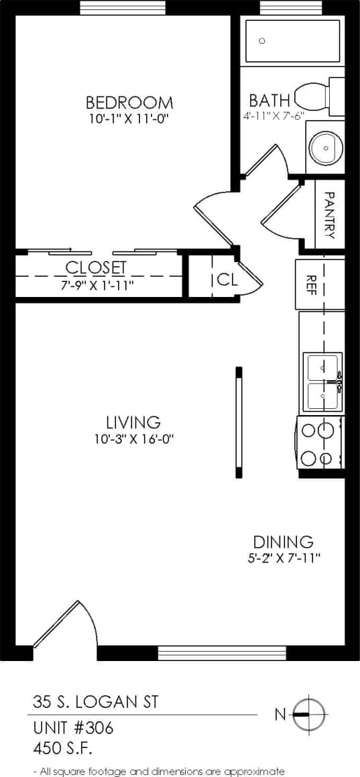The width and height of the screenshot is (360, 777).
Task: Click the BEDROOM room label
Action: [x=129, y=103]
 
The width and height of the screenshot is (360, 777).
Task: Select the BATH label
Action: [x=269, y=101]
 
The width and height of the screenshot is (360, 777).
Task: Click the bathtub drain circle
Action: [x=262, y=41]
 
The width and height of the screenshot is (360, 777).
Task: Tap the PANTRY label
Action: [x=329, y=216]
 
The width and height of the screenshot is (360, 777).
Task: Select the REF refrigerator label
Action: [x=311, y=284]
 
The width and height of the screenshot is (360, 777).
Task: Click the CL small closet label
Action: [x=227, y=280]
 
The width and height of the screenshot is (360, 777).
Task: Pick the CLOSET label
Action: [x=95, y=268]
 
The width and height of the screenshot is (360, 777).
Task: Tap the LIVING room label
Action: [x=133, y=422]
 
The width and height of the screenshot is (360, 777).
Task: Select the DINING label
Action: [x=282, y=542]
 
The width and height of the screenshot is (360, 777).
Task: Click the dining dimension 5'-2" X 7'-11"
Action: [x=282, y=558]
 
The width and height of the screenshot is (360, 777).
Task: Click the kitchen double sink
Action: [x=324, y=383]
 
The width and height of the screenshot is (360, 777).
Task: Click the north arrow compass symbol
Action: [x=309, y=714]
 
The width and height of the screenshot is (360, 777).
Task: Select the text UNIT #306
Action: [x=73, y=727]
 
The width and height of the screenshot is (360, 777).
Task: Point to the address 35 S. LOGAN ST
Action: [x=96, y=702]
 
